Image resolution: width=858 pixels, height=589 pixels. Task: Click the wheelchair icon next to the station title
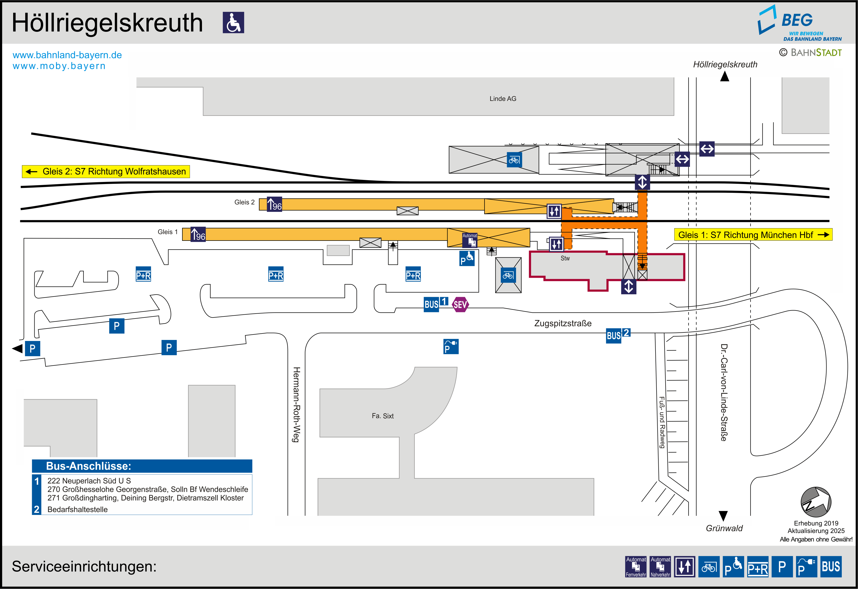pyautogui.click(x=233, y=22)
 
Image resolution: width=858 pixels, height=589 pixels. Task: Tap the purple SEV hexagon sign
pyautogui.click(x=460, y=305)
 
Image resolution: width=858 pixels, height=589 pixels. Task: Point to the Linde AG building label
pyautogui.click(x=503, y=99)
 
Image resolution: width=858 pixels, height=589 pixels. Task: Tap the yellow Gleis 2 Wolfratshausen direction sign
pyautogui.click(x=106, y=172)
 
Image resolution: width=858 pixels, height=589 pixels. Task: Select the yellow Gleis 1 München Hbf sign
pyautogui.click(x=753, y=235)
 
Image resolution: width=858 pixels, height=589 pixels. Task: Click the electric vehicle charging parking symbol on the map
pyautogui.click(x=451, y=347)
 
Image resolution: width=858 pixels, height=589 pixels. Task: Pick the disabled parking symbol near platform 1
pyautogui.click(x=467, y=258)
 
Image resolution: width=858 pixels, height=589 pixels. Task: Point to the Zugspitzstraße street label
pyautogui.click(x=563, y=324)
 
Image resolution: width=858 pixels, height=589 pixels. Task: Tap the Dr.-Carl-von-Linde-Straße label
pyautogui.click(x=724, y=392)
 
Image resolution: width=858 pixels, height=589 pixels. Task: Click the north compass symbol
pyautogui.click(x=816, y=502)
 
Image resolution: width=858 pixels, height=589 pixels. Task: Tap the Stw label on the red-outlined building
pyautogui.click(x=565, y=258)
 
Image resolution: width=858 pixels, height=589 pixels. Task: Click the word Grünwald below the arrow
pyautogui.click(x=724, y=528)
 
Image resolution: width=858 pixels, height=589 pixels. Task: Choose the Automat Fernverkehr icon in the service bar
pyautogui.click(x=636, y=567)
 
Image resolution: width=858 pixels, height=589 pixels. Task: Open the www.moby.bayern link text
pyautogui.click(x=59, y=66)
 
